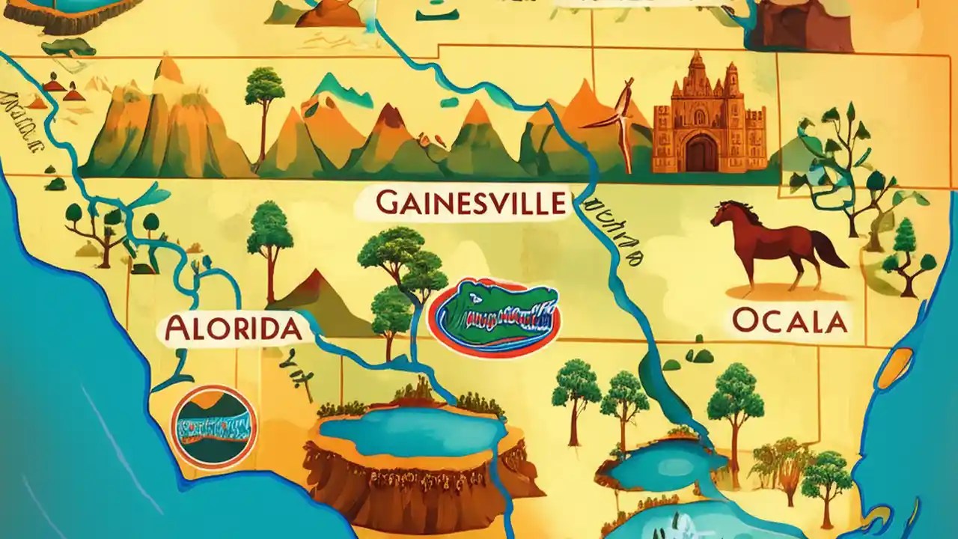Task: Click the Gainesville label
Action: [x=469, y=203]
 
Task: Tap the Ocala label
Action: [x=790, y=321]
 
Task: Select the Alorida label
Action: [x=234, y=329]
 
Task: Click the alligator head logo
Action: [x=495, y=317]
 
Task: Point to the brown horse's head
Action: [x=724, y=213]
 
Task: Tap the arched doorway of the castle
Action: [x=701, y=153]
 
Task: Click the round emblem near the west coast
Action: [x=213, y=427]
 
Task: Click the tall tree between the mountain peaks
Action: [x=263, y=105]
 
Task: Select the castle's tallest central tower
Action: [x=697, y=75]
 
